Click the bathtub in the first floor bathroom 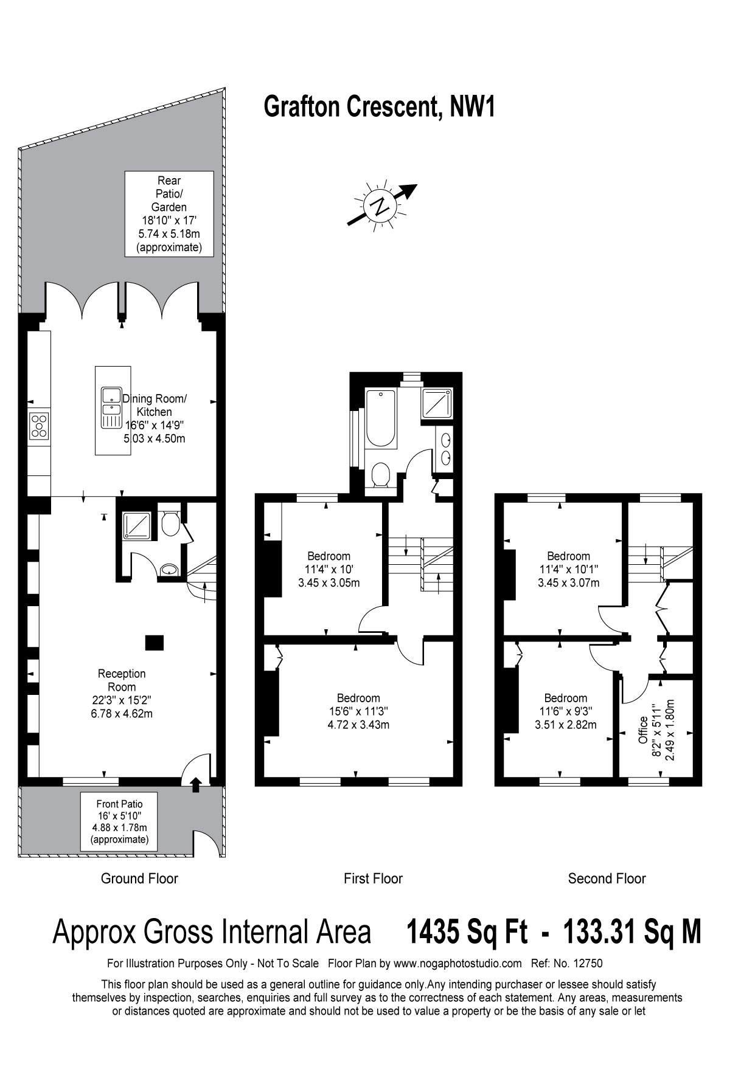(x=381, y=418)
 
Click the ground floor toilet (x=171, y=523)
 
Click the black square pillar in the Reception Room (x=155, y=642)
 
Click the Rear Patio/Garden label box (x=169, y=214)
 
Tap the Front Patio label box (x=119, y=821)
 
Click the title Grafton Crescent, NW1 (x=380, y=107)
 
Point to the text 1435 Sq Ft (x=467, y=932)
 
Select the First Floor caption (x=373, y=879)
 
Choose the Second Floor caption (x=607, y=879)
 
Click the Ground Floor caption (x=139, y=879)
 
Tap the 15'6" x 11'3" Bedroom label (x=358, y=711)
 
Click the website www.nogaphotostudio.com (x=458, y=963)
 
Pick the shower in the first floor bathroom (x=437, y=404)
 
